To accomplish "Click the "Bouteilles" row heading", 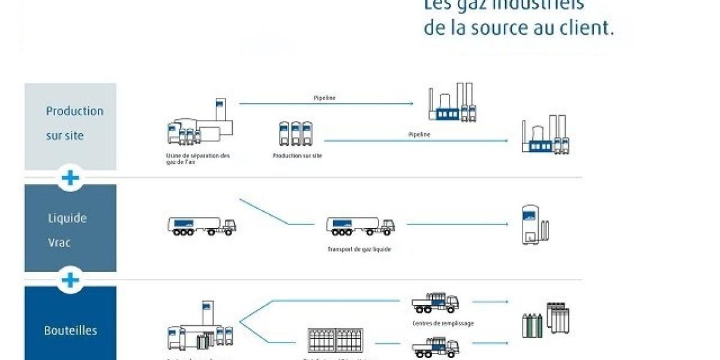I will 70,330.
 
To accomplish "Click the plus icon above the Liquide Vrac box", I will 70,178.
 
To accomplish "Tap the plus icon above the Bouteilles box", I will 70,280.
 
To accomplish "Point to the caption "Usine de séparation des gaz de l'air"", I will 198,158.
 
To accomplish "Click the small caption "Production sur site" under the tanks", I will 297,155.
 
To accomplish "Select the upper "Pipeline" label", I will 325,97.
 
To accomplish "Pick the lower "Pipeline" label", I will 419,134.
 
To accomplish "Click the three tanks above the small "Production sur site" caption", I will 295,133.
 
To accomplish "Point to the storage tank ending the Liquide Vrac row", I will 532,226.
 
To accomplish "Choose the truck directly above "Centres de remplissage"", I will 436,302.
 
